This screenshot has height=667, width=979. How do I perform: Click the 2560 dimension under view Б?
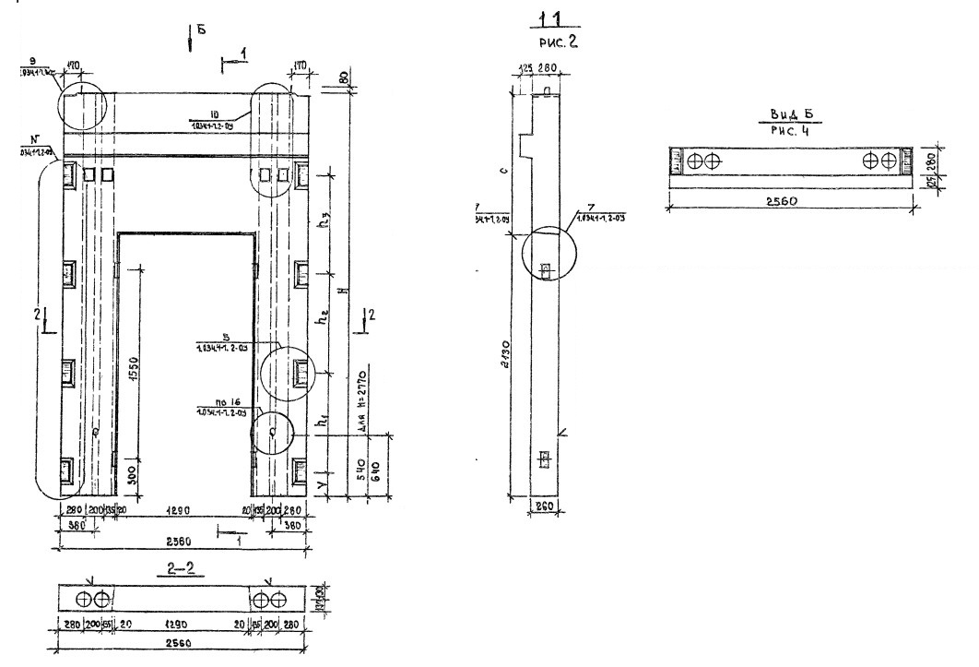(792, 199)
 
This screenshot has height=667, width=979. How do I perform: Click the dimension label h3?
(323, 234)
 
